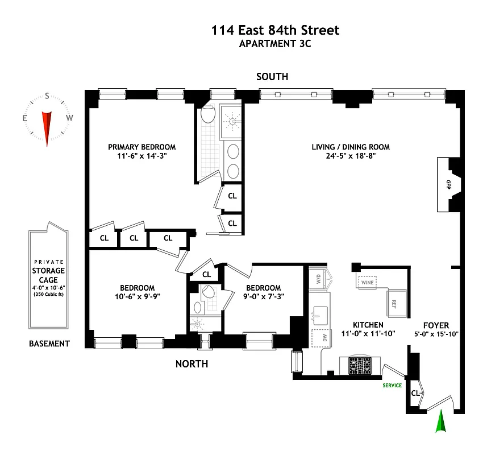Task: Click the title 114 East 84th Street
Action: tap(276, 30)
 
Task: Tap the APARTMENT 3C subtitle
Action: tap(276, 44)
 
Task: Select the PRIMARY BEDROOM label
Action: tap(142, 147)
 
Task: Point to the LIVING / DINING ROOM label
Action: tap(351, 147)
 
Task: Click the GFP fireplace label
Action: tap(448, 184)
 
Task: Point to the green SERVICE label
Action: tap(392, 386)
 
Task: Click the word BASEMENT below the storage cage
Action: tap(50, 344)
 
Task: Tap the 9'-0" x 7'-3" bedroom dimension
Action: tap(263, 296)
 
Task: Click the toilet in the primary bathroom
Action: tap(207, 115)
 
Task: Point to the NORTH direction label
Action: tap(192, 364)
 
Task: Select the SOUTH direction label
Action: tap(272, 77)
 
